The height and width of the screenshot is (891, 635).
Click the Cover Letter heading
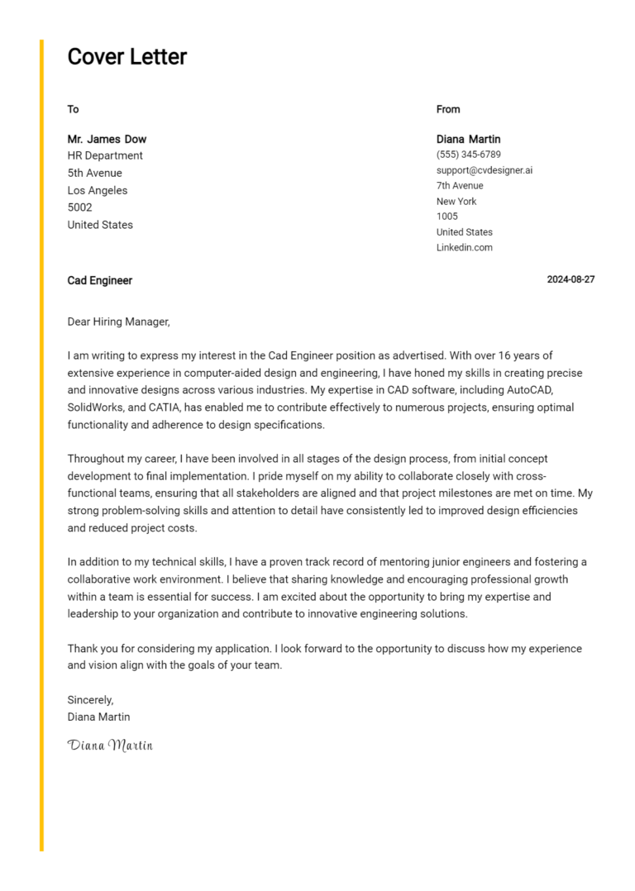[127, 57]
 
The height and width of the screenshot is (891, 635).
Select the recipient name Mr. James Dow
[107, 139]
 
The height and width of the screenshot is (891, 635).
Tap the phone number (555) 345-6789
[468, 155]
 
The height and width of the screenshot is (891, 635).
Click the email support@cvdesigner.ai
[485, 170]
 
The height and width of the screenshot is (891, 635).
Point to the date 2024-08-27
[571, 279]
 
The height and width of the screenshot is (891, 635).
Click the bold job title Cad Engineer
[99, 280]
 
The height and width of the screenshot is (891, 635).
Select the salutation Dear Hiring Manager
[118, 322]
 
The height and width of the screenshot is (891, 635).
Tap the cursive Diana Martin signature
[110, 745]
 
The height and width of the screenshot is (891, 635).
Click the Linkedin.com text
[464, 247]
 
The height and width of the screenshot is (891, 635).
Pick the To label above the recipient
[73, 109]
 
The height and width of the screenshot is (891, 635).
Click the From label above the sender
[448, 109]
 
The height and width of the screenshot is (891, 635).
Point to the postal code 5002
[79, 207]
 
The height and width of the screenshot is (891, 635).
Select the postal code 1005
[446, 217]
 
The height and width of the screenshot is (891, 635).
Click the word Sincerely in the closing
[90, 699]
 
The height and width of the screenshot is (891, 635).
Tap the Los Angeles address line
[98, 190]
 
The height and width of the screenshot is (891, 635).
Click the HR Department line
[105, 155]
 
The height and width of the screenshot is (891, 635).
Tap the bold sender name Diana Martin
[468, 139]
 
